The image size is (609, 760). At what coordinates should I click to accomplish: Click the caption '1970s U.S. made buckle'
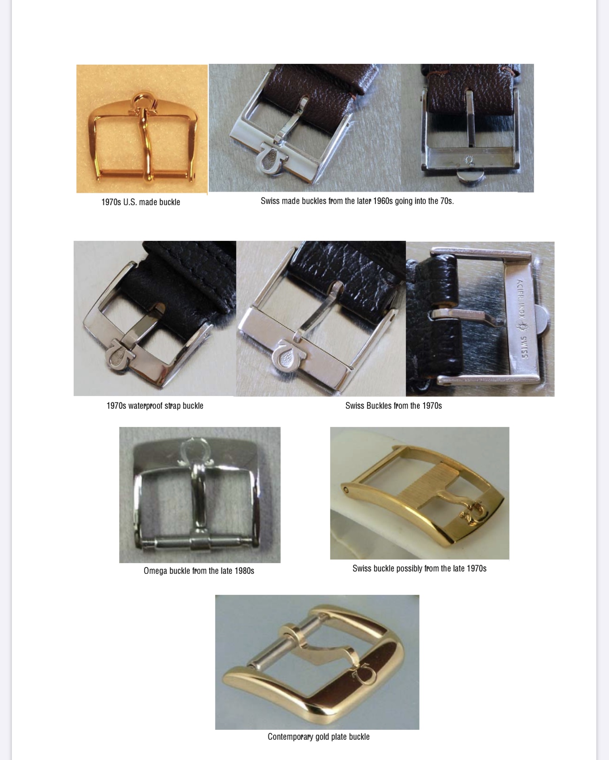pos(141,202)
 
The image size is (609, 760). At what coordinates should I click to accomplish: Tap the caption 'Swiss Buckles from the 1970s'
pos(393,406)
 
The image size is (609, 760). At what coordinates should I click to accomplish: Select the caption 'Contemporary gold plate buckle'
pos(318,737)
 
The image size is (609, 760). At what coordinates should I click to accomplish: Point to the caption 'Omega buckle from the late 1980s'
pos(199,571)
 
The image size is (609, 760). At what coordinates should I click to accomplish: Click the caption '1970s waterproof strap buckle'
pos(155,406)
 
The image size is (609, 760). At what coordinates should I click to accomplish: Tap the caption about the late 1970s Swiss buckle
pos(419,568)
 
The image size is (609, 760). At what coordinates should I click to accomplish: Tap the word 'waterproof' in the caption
pos(146,406)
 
